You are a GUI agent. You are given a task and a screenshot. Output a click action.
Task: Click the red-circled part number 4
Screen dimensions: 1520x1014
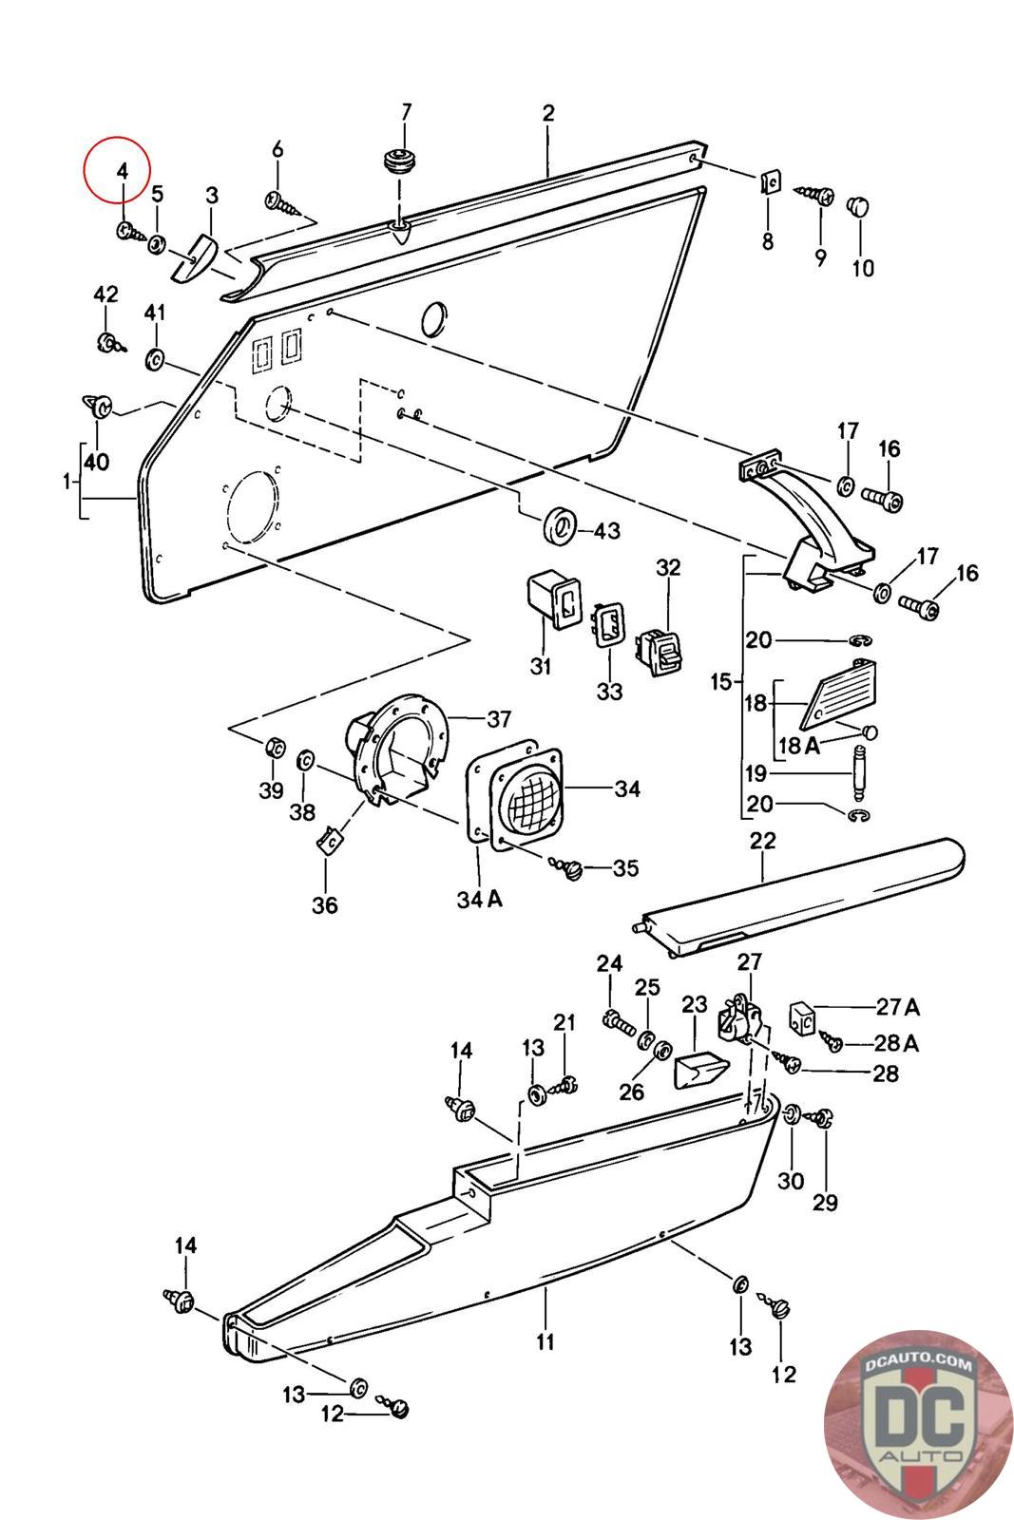point(121,172)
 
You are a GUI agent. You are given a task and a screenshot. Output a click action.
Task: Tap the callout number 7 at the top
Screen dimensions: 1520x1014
point(406,112)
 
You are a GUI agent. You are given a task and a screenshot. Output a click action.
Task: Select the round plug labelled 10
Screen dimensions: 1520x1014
point(858,205)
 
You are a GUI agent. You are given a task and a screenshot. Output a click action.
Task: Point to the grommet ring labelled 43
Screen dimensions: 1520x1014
point(560,525)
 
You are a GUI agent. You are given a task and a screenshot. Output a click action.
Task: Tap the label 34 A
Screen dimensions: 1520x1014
point(479,899)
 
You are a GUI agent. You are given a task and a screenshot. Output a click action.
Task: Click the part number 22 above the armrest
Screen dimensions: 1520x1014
point(762,841)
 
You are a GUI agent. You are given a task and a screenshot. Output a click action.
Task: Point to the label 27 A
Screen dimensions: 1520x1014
point(897,1007)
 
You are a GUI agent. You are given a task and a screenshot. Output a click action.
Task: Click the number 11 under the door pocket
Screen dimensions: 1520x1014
point(545,1341)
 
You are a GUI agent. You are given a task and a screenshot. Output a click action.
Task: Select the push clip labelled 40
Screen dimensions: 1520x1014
point(96,407)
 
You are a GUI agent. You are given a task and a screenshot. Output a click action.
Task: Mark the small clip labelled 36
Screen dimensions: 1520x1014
point(330,840)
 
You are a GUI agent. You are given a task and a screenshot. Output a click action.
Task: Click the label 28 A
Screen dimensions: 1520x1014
point(896,1043)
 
